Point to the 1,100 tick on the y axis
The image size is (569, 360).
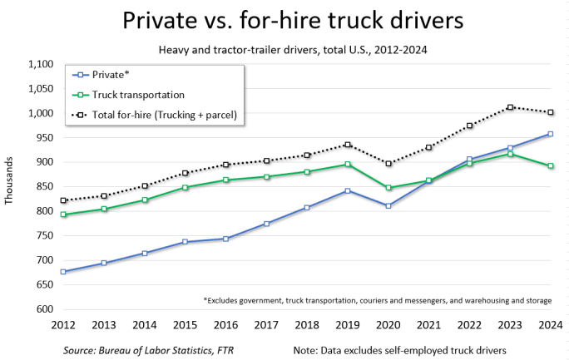click(x=40, y=65)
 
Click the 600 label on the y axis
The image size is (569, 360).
click(x=43, y=309)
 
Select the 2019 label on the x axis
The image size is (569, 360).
click(x=347, y=325)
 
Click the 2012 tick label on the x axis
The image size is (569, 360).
click(x=63, y=325)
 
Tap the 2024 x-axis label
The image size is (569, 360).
click(x=550, y=325)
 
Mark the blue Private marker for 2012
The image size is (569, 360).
click(x=63, y=272)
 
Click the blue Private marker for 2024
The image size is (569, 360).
click(x=550, y=134)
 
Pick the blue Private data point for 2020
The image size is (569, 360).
click(x=388, y=205)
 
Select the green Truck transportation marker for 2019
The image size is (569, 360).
click(x=347, y=165)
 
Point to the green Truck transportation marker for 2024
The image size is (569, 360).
click(x=550, y=166)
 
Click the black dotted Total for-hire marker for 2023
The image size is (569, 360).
click(x=509, y=107)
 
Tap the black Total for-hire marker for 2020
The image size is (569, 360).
click(x=388, y=164)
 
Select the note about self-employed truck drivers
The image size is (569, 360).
click(x=400, y=351)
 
